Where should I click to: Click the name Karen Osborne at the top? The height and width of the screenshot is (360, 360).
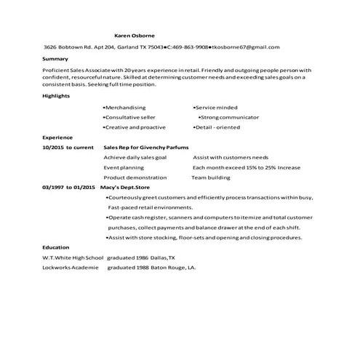click(x=135, y=35)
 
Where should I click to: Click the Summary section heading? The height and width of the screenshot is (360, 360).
click(x=55, y=59)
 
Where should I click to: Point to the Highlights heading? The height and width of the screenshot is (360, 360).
click(x=57, y=96)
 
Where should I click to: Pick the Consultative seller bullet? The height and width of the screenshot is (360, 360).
click(x=130, y=117)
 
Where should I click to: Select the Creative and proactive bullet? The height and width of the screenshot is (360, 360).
click(x=135, y=127)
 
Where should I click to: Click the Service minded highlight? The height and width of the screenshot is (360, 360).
click(x=216, y=107)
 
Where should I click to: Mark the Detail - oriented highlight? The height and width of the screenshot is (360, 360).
click(x=217, y=127)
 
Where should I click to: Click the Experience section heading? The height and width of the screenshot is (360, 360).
click(x=57, y=137)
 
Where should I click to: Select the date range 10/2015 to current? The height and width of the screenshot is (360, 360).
click(x=68, y=147)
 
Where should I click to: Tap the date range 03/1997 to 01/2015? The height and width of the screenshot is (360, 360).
click(x=68, y=187)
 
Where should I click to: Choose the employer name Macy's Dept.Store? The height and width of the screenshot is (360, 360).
click(x=129, y=187)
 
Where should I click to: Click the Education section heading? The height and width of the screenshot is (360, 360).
click(x=56, y=247)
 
